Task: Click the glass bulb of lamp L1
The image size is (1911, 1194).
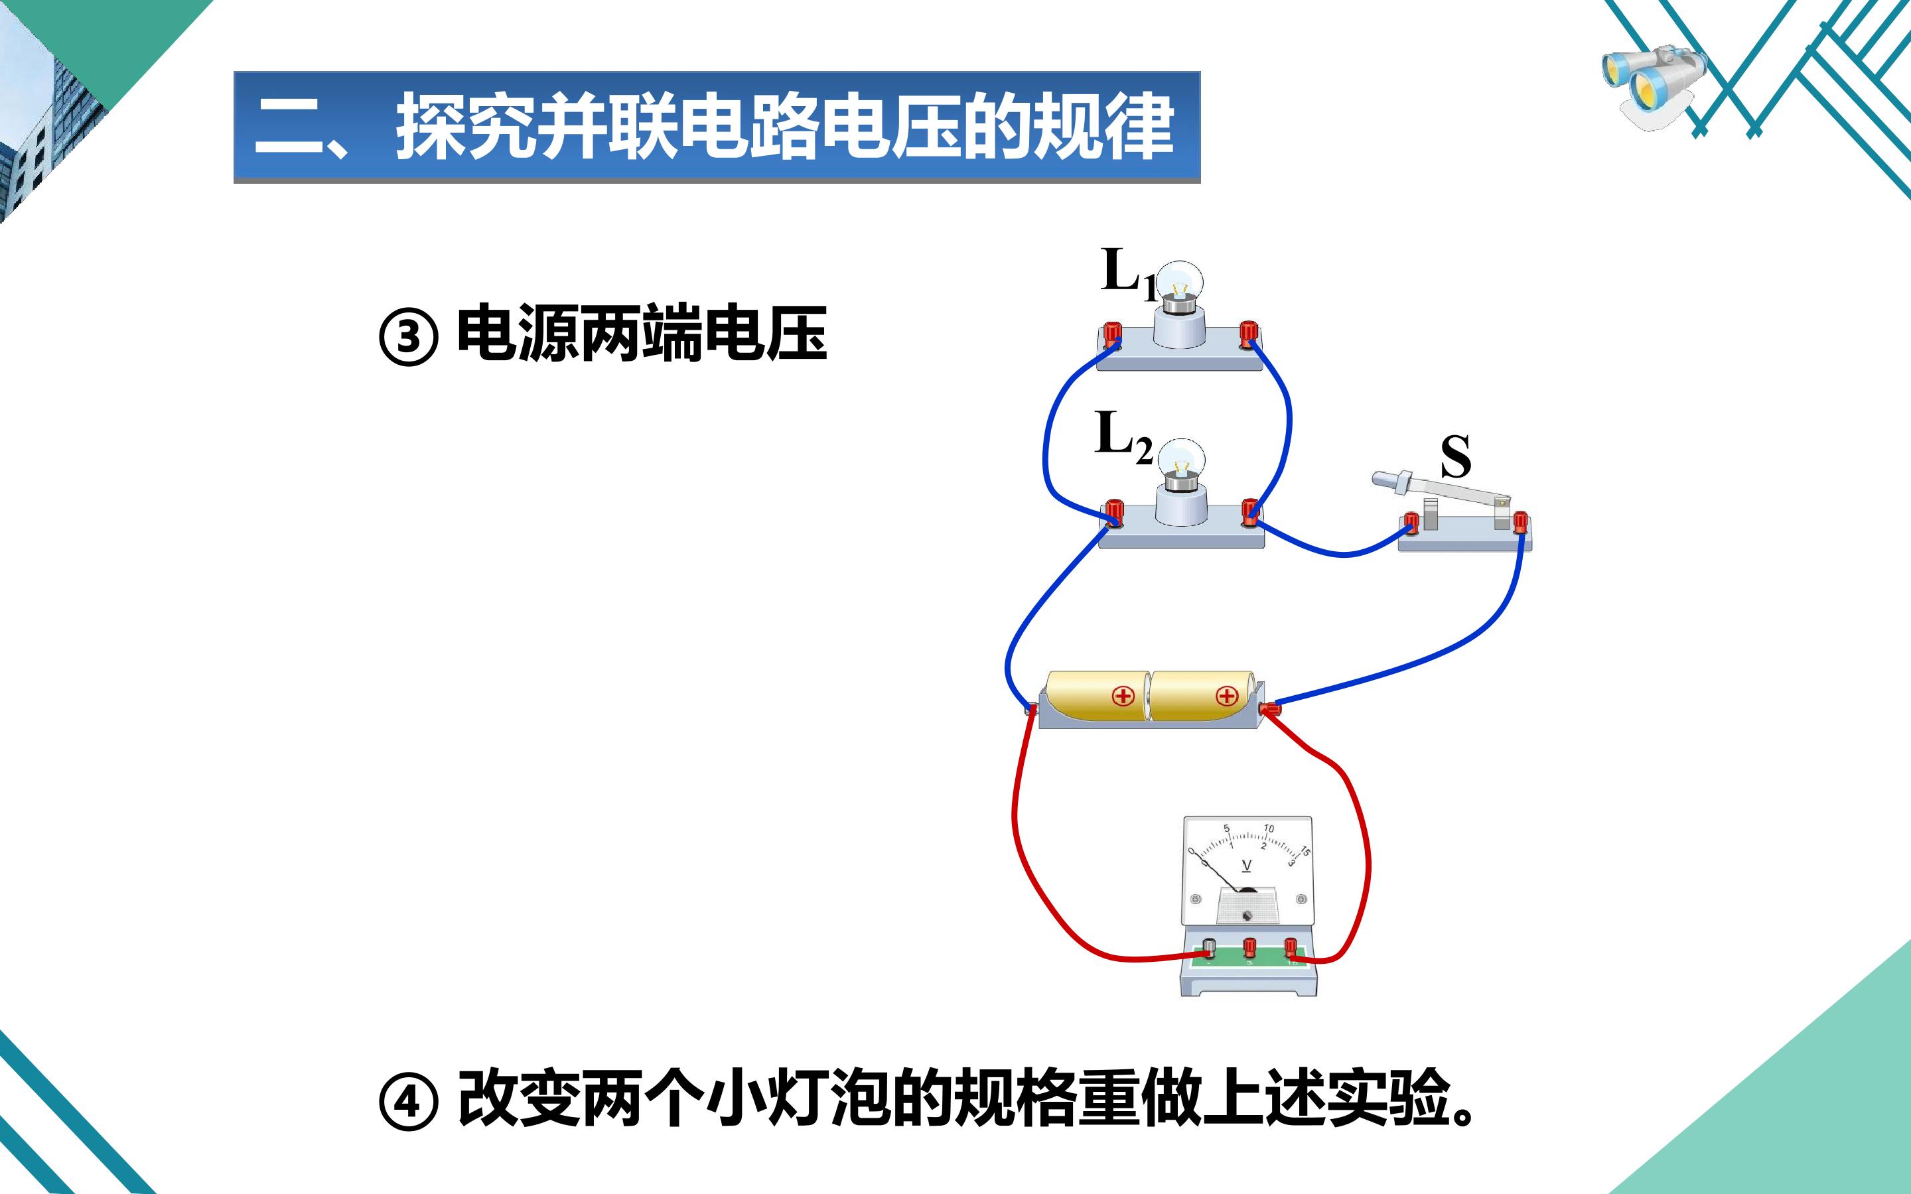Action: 1180,281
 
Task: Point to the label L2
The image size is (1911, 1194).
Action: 1123,436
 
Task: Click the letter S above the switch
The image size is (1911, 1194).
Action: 1455,456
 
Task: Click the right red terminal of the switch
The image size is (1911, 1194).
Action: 1520,523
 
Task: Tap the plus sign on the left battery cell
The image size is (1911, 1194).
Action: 1123,696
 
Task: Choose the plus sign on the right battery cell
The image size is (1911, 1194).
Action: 1226,696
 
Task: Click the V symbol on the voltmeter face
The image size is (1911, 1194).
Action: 1247,866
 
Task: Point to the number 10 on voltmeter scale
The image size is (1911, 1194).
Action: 1268,829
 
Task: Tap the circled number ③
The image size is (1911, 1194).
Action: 408,337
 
